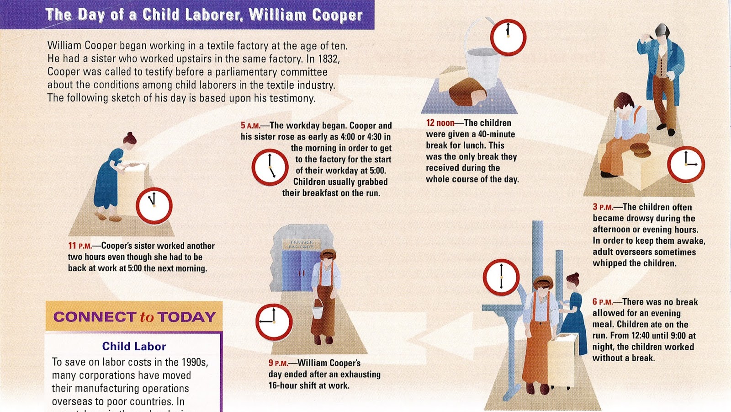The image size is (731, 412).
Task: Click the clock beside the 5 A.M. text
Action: pos(270,166)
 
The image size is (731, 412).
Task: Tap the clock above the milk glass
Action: pos(508,37)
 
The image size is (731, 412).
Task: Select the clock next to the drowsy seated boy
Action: pos(686,164)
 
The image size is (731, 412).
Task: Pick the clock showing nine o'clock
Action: pos(273,322)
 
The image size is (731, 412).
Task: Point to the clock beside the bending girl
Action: pos(154,206)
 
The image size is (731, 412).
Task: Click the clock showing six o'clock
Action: pos(501,277)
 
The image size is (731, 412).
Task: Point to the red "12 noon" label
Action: pos(440,123)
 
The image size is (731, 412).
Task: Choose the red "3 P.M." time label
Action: pos(603,207)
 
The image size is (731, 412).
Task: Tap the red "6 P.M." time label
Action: pos(602,302)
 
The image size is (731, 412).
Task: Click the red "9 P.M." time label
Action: pos(278,363)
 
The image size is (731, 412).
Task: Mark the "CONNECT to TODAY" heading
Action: pos(134,317)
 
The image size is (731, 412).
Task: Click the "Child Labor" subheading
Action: pos(134,346)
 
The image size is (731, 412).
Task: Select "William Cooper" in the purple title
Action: pos(306,15)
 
